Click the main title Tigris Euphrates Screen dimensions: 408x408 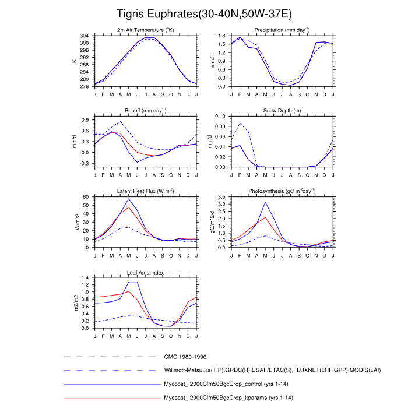[x=204, y=13]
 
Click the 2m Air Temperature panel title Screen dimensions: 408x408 [x=146, y=30]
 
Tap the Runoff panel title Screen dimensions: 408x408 [x=146, y=111]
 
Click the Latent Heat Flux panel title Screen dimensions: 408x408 [x=146, y=191]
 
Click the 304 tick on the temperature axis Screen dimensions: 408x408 [x=85, y=36]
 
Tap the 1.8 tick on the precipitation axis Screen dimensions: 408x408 [x=222, y=36]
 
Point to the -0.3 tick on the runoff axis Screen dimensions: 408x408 [x=84, y=164]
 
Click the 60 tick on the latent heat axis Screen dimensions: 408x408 [x=87, y=197]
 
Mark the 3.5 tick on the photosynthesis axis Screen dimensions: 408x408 [x=222, y=197]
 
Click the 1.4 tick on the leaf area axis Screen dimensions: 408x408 [x=86, y=277]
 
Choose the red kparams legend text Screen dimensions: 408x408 [x=227, y=398]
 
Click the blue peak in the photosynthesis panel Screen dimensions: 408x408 [x=265, y=202]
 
